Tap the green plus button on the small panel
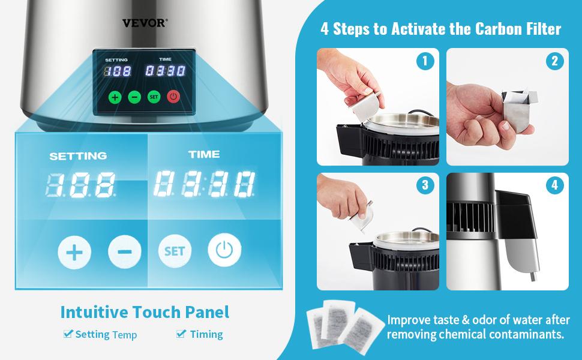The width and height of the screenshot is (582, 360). [115, 97]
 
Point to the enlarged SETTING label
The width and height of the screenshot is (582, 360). [78, 156]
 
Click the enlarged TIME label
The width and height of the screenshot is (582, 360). [204, 154]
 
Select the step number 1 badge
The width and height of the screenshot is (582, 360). [425, 61]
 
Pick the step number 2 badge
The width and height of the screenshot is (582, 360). [554, 61]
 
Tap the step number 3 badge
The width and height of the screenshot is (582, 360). [425, 185]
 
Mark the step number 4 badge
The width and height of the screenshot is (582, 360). [554, 185]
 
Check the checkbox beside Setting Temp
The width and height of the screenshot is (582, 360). [68, 334]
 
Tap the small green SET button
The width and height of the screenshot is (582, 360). [154, 97]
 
